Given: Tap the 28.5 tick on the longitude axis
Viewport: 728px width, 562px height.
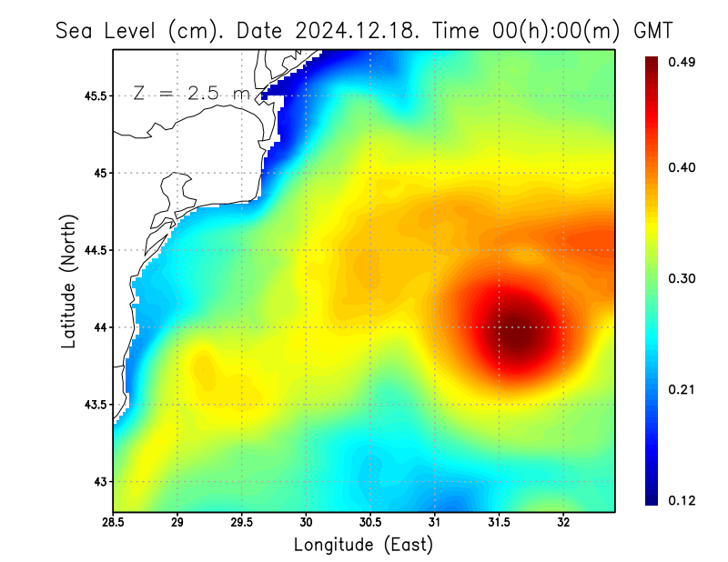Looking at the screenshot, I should (114, 523).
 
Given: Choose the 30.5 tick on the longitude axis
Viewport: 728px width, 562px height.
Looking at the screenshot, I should (370, 523).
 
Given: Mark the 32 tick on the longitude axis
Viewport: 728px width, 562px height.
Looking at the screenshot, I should (563, 523).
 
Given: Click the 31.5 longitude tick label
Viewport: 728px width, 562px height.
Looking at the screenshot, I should (499, 523).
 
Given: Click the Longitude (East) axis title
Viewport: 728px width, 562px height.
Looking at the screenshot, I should (363, 545).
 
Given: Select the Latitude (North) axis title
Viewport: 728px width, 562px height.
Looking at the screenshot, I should (68, 281).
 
